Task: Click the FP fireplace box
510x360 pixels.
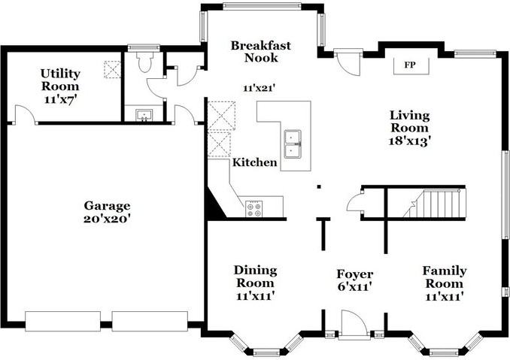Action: pos(410,65)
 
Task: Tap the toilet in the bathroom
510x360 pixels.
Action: pos(143,62)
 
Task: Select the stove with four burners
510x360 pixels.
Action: pos(253,209)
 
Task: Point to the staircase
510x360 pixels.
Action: pos(437,204)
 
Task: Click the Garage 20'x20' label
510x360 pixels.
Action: pos(107,212)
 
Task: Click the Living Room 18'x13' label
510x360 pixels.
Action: pos(409,128)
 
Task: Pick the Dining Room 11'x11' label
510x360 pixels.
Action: pos(255,283)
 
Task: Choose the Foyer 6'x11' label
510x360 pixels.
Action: pos(354,280)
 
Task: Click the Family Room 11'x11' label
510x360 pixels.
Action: pos(443,283)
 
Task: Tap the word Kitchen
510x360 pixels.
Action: pos(254,162)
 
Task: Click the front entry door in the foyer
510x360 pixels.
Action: pos(354,325)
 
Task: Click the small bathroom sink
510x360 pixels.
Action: pos(144,115)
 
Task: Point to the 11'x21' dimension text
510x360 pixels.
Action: pos(260,88)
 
